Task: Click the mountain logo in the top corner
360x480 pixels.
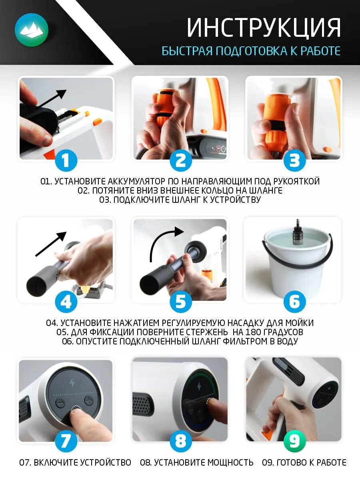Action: [32, 30]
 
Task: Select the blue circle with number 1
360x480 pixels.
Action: [66, 160]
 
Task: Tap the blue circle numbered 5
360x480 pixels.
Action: [181, 302]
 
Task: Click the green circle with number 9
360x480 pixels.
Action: [294, 441]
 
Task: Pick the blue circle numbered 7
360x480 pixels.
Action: [66, 441]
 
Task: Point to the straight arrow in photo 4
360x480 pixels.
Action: [51, 244]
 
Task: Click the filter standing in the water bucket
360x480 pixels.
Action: [298, 233]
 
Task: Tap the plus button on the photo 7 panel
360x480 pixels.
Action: [89, 401]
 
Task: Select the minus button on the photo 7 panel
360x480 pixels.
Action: [60, 402]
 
